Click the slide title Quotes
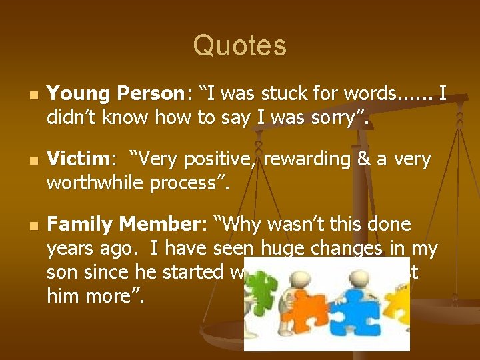tap(240, 45)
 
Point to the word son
tap(62, 272)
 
